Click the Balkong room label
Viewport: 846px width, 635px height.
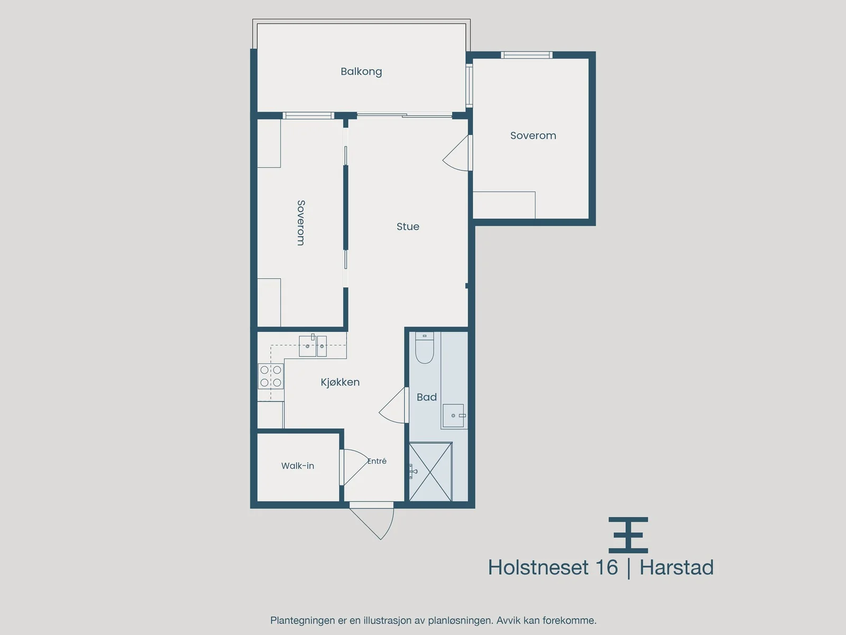coord(361,72)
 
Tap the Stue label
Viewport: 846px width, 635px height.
coord(408,226)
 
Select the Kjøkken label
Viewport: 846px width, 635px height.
coord(340,382)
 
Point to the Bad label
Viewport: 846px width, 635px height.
coord(427,397)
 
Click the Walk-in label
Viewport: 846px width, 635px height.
coord(298,466)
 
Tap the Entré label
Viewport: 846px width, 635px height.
coord(377,461)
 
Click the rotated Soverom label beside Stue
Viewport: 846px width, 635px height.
coord(301,222)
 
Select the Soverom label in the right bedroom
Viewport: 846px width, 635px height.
coord(533,135)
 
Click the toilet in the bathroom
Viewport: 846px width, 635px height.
coord(425,348)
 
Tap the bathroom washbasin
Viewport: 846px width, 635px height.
coord(453,415)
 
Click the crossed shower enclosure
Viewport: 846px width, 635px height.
coord(430,472)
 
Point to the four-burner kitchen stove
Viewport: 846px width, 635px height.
coord(271,376)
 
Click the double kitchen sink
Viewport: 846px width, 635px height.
coord(312,346)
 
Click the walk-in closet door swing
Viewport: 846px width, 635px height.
coord(355,467)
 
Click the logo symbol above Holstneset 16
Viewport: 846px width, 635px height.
coord(628,535)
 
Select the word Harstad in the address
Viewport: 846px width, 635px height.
coord(676,567)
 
